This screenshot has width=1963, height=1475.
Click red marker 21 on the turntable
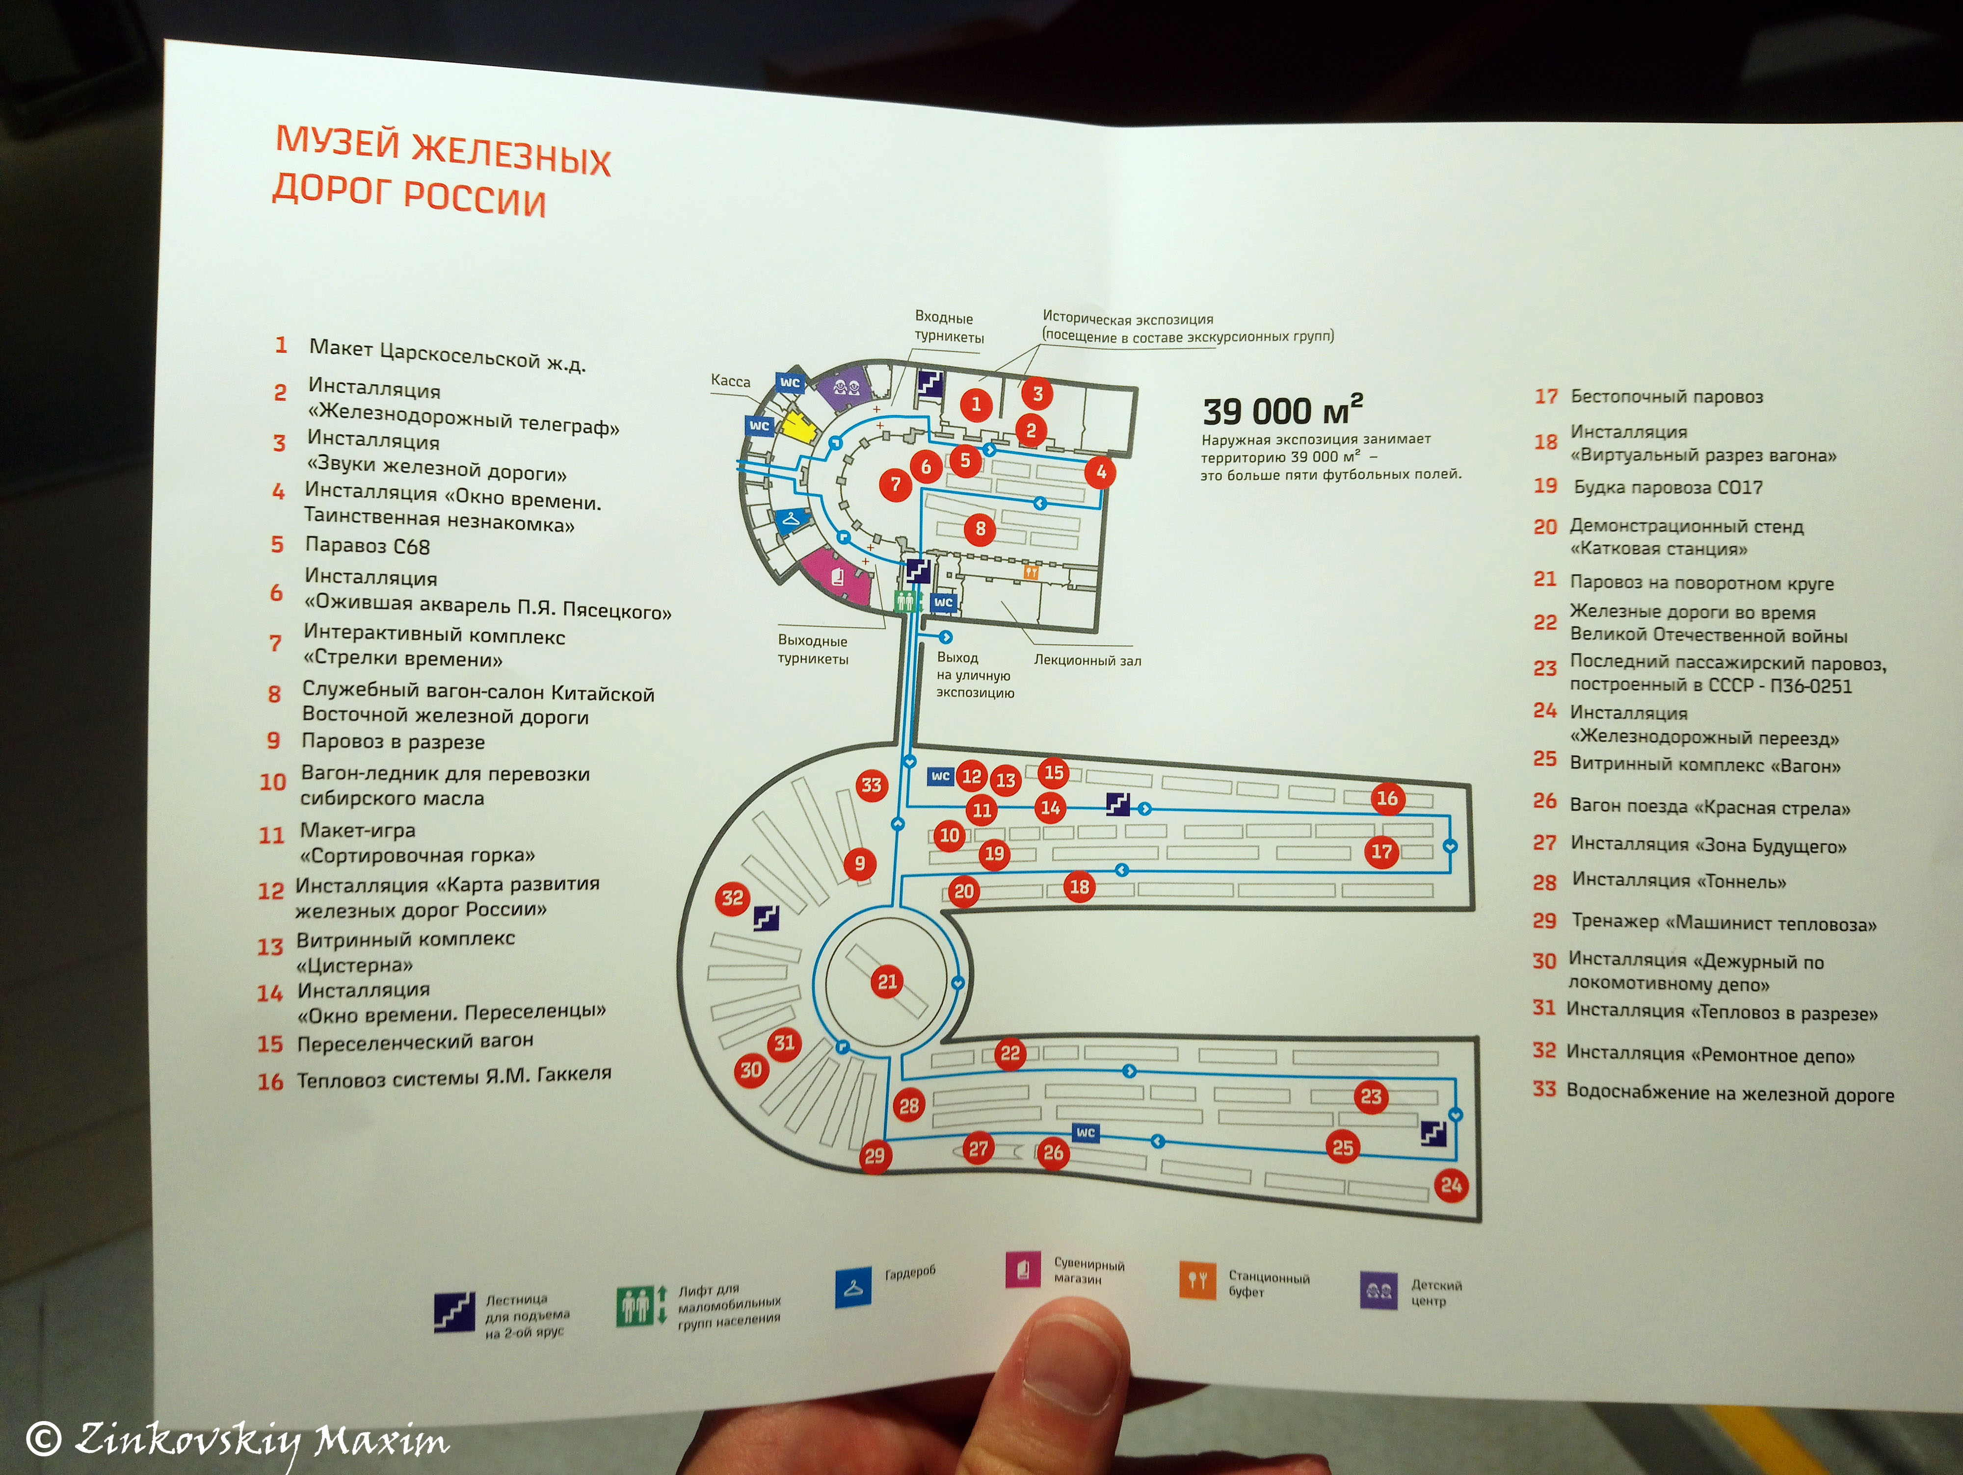click(x=887, y=981)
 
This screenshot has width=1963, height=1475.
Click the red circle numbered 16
click(x=1387, y=798)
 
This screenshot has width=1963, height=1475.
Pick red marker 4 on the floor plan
click(x=1100, y=472)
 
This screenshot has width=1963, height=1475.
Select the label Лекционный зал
click(x=1087, y=661)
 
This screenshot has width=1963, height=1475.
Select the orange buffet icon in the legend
click(x=1197, y=1280)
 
